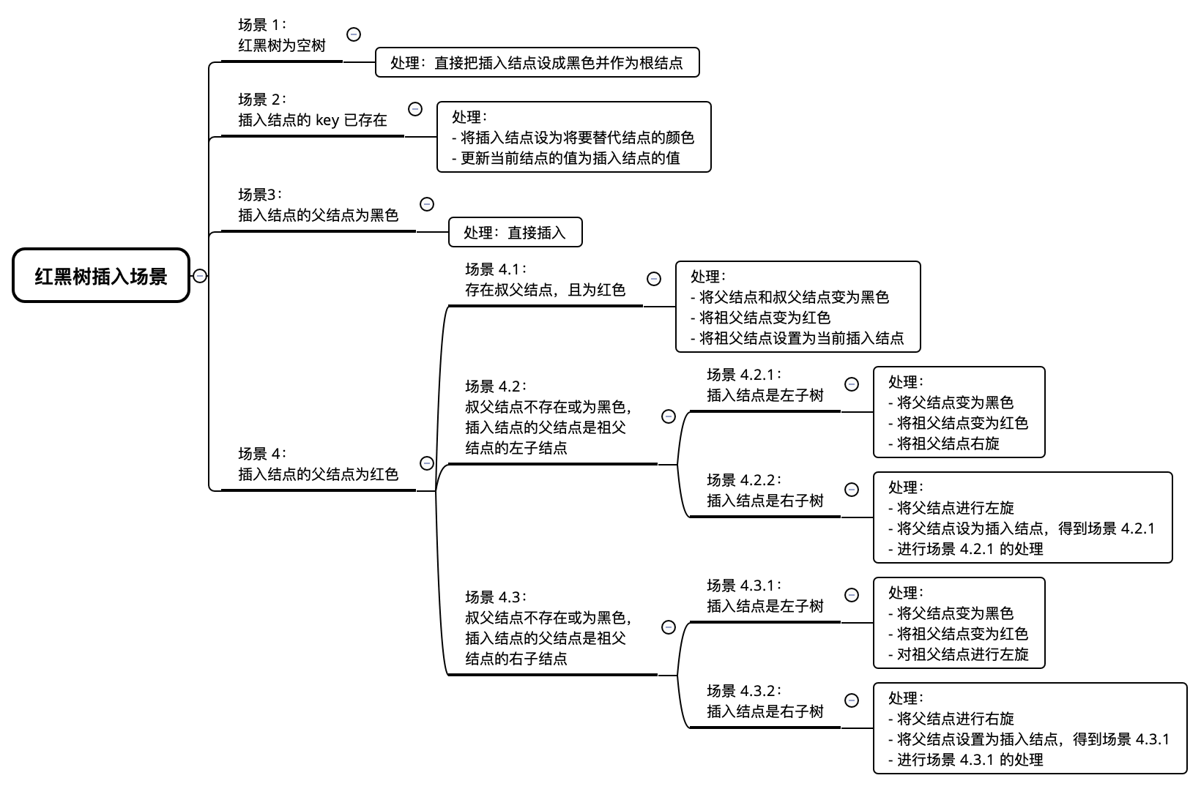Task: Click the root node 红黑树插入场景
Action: pos(101,276)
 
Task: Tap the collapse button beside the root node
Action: pos(200,276)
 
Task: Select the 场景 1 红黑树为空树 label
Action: pos(282,36)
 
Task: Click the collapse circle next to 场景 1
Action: pos(354,34)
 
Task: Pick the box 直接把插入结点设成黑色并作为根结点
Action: pos(537,63)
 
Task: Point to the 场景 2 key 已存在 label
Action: pos(313,111)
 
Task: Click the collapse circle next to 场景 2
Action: pos(415,109)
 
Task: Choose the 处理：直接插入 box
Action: pos(515,233)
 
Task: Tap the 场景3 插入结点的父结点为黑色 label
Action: pos(318,206)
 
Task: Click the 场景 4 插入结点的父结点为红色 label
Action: pos(318,465)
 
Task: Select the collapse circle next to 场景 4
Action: pos(427,463)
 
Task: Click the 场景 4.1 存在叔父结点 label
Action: pos(545,280)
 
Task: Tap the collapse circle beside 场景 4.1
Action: pos(654,279)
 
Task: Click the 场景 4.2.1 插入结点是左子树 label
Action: pos(765,386)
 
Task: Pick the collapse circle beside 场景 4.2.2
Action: pos(852,490)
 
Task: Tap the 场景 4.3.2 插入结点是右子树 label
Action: pos(765,702)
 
